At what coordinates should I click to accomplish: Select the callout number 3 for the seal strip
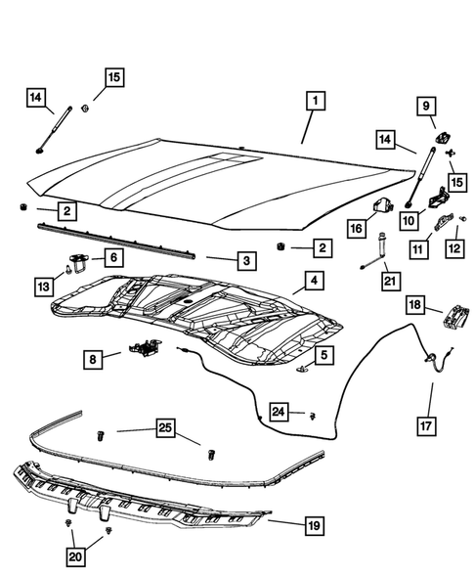pos(247,261)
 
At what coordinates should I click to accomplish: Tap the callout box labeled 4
pos(313,282)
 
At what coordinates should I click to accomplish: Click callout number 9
pos(426,105)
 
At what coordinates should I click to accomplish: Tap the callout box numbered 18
pos(414,305)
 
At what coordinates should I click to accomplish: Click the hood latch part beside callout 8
pos(144,345)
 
